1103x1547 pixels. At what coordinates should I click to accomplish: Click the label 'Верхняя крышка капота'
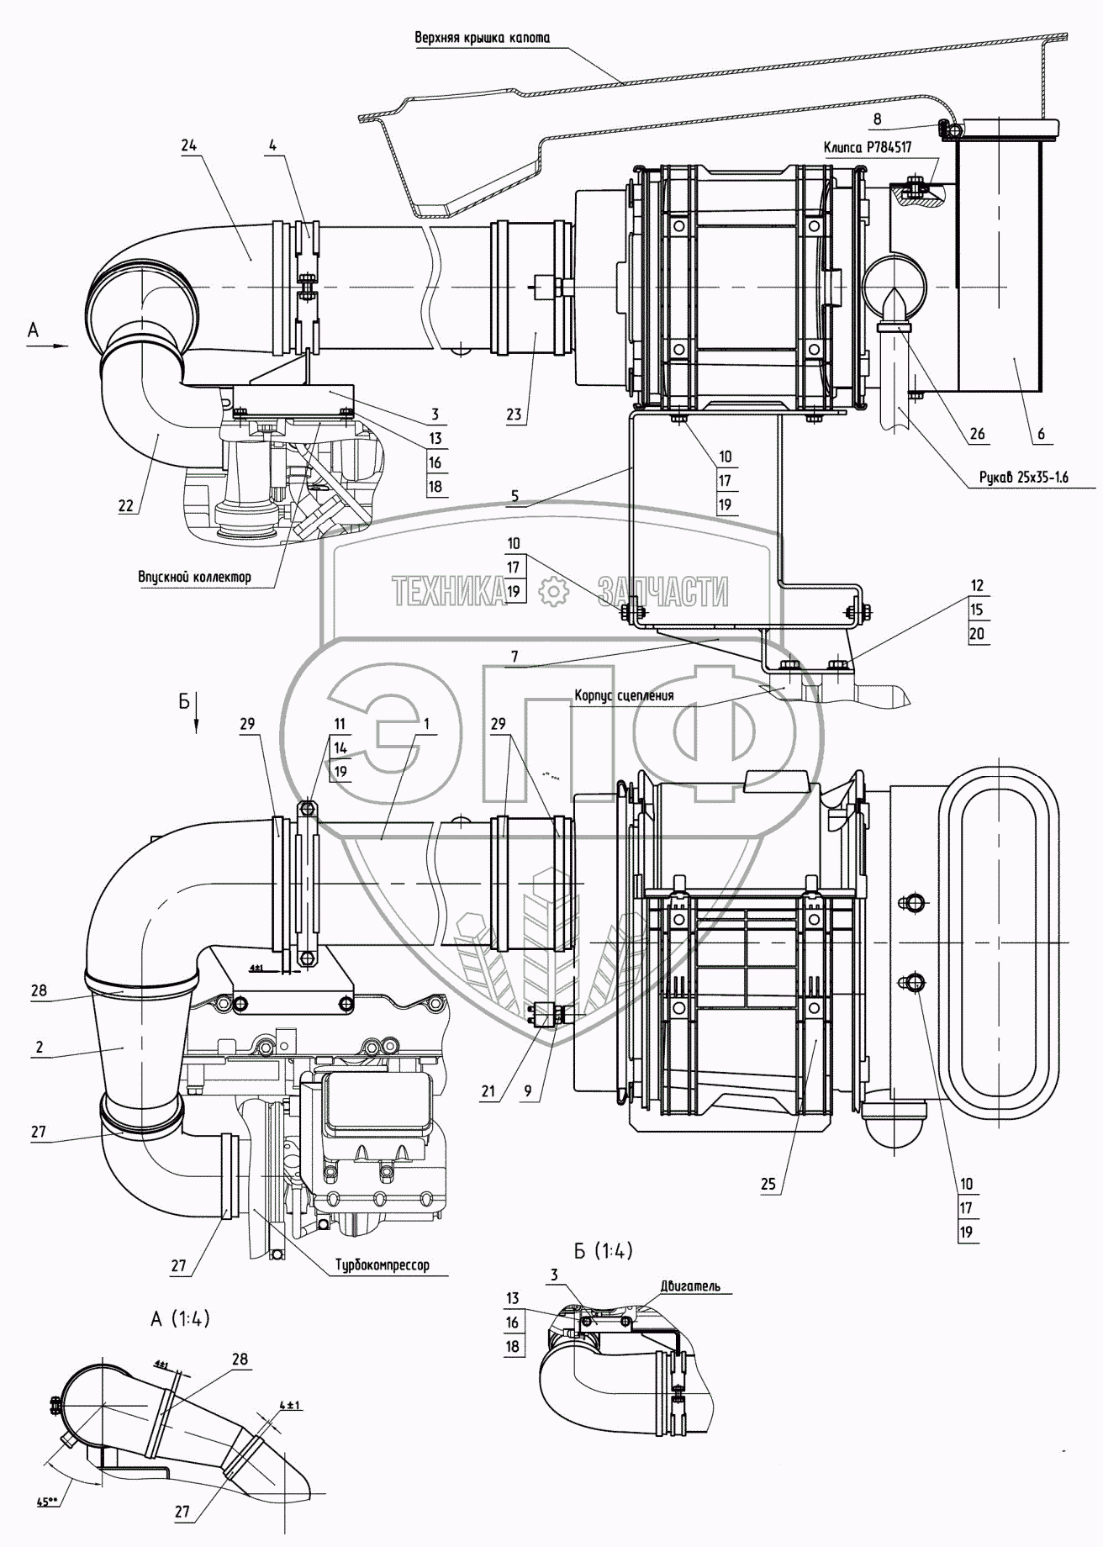(x=482, y=38)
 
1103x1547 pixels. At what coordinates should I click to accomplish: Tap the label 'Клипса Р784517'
(x=868, y=146)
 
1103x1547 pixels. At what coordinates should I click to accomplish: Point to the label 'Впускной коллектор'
(x=194, y=577)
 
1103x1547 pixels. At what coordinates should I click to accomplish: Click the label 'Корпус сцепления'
(x=624, y=696)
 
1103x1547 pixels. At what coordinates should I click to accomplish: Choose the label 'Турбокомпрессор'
(x=382, y=1265)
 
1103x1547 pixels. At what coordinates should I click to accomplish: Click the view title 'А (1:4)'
(x=180, y=1319)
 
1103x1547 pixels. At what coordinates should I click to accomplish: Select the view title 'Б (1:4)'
(x=603, y=1250)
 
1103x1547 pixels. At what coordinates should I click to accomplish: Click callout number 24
(x=188, y=145)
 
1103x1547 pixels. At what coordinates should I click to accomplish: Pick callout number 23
(x=514, y=414)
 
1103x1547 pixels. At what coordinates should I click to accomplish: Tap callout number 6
(x=1041, y=434)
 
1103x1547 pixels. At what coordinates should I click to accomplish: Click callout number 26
(x=977, y=434)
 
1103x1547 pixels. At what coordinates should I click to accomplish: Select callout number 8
(x=877, y=119)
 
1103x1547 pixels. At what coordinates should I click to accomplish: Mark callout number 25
(x=768, y=1184)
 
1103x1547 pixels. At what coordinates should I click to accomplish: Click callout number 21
(x=488, y=1091)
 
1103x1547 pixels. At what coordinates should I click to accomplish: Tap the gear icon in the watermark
(x=552, y=592)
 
